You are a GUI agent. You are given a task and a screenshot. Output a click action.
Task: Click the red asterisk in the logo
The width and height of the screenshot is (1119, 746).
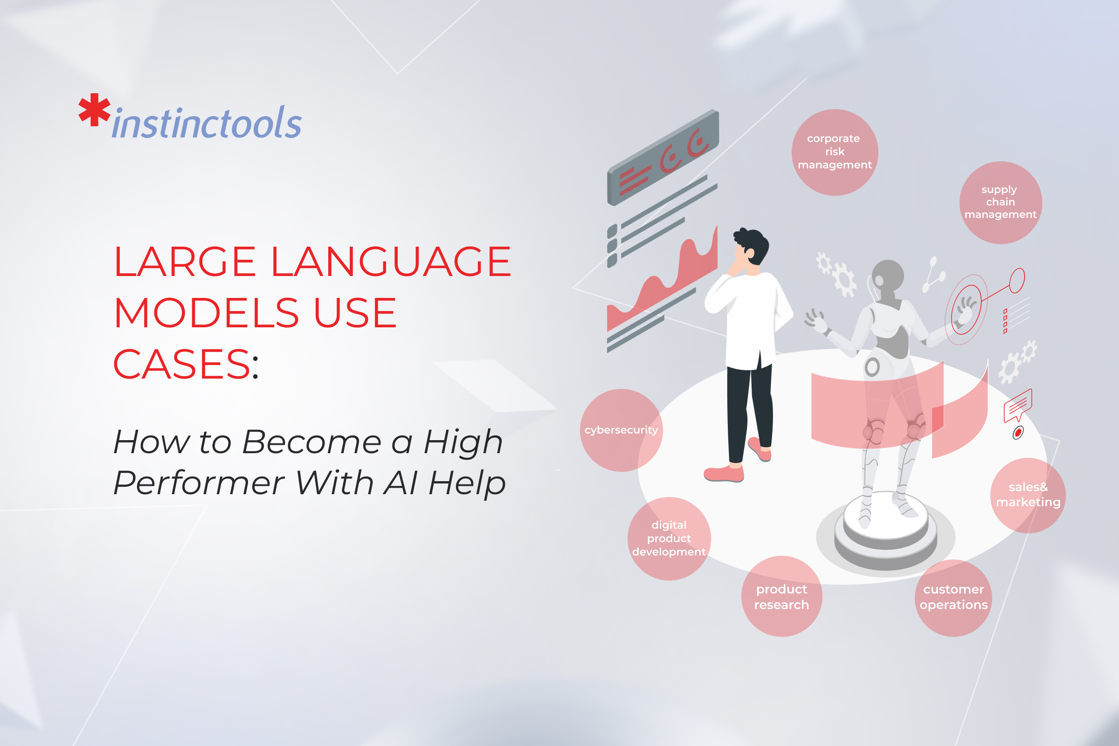tap(94, 110)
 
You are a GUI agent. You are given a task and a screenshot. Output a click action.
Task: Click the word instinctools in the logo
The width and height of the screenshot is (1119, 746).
tap(207, 122)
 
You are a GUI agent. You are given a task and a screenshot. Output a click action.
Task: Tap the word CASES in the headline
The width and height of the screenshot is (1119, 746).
tap(182, 365)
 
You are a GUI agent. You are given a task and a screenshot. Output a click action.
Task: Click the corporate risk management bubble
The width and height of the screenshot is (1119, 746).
tap(835, 152)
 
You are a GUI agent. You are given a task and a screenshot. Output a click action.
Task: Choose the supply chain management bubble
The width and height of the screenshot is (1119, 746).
tap(1001, 203)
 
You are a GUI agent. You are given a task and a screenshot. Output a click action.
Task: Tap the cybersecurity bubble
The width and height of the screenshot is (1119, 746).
tap(622, 430)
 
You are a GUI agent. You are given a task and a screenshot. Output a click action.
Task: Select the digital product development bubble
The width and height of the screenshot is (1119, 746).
tap(670, 539)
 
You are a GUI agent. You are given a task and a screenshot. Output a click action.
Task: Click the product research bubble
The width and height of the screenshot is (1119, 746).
tap(782, 597)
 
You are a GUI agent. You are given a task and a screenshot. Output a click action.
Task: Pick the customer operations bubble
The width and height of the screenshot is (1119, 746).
tap(953, 598)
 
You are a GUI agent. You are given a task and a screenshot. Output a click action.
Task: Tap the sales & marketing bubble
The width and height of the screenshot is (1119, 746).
tap(1028, 495)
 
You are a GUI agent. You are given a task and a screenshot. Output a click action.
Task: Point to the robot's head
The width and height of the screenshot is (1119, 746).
tap(887, 277)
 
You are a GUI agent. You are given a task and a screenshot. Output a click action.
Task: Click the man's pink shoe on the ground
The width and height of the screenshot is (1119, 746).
tap(724, 474)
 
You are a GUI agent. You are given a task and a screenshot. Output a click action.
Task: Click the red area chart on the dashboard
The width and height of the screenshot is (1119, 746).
tap(662, 285)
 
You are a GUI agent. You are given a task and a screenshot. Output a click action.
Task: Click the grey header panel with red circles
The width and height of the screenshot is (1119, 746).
tap(663, 158)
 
